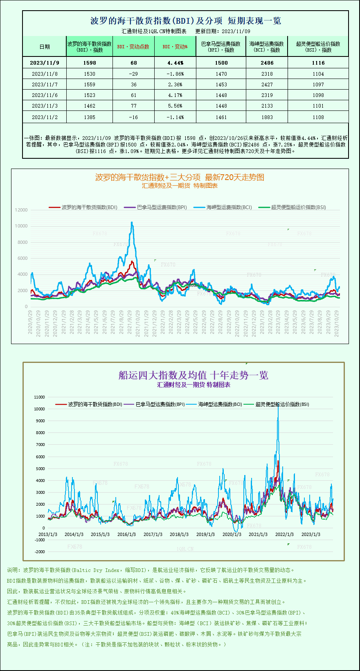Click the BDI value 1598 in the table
click(89, 63)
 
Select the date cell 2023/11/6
click(45, 95)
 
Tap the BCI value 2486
click(267, 63)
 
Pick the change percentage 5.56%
click(175, 106)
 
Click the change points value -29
click(133, 74)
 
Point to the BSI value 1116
click(318, 63)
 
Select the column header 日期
click(45, 47)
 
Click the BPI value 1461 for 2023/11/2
click(221, 117)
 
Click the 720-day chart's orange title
click(180, 177)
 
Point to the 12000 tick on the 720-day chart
click(21, 210)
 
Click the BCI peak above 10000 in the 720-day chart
click(132, 223)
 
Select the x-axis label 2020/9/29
click(30, 322)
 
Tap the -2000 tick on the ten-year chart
click(40, 552)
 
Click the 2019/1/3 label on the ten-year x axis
click(205, 534)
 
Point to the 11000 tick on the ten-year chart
click(39, 397)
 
